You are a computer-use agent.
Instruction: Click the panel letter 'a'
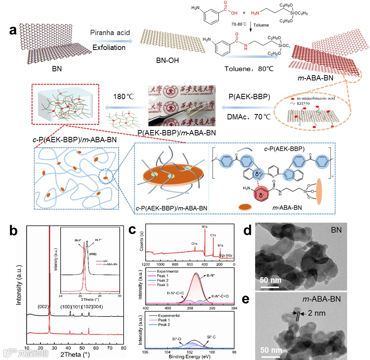[x=13, y=31]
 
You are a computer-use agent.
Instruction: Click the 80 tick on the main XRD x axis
[x=123, y=347]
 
